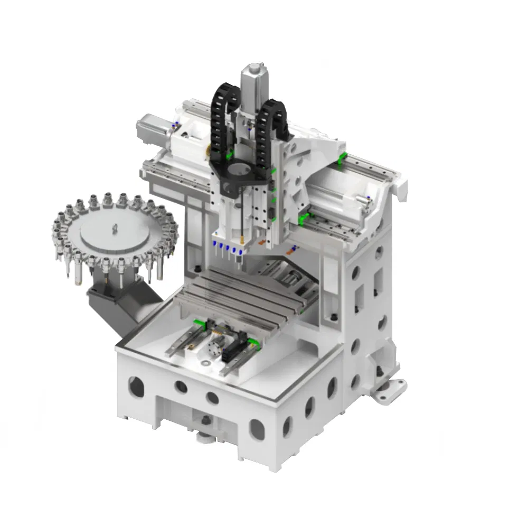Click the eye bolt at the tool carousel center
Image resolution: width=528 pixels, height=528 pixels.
click(114, 228)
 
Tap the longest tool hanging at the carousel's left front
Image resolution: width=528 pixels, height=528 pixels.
click(69, 264)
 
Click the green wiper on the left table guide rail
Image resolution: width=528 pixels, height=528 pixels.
click(199, 322)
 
